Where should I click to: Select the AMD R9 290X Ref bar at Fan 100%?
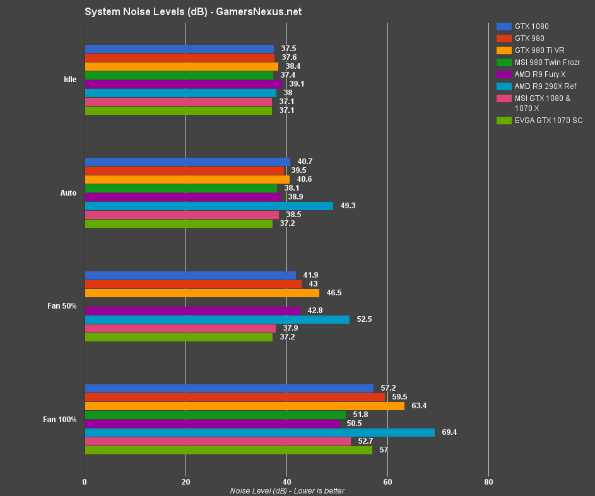pyautogui.click(x=259, y=432)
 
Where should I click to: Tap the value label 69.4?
pyautogui.click(x=449, y=432)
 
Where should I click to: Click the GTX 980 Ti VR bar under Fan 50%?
pyautogui.click(x=202, y=293)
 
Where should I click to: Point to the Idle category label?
pyautogui.click(x=70, y=80)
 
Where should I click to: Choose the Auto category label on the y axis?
pyautogui.click(x=68, y=192)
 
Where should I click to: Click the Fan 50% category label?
pyautogui.click(x=62, y=306)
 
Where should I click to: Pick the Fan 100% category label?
pyautogui.click(x=61, y=419)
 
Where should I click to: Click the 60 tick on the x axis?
pyautogui.click(x=387, y=482)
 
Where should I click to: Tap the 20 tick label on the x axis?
pyautogui.click(x=186, y=482)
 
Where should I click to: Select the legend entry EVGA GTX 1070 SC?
pyautogui.click(x=548, y=120)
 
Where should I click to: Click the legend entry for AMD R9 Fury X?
pyautogui.click(x=539, y=74)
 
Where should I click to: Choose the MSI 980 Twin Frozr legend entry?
pyautogui.click(x=547, y=62)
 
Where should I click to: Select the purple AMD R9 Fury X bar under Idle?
pyautogui.click(x=184, y=84)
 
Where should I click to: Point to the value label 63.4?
pyautogui.click(x=419, y=406)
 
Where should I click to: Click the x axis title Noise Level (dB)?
pyautogui.click(x=287, y=490)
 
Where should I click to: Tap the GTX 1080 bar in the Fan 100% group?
pyautogui.click(x=229, y=388)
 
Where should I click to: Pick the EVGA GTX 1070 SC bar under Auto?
pyautogui.click(x=179, y=223)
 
